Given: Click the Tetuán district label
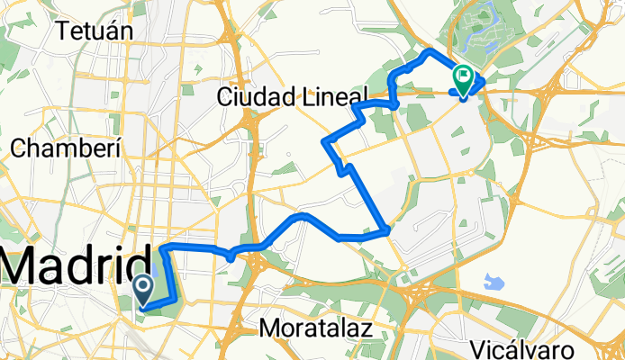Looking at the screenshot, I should [95, 31].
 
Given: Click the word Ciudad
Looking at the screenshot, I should [258, 97].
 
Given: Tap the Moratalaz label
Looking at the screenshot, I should [315, 329].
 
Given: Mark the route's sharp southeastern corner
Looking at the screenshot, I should [387, 230].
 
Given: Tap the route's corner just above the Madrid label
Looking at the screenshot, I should [162, 246].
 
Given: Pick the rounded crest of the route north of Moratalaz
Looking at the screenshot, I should [303, 215].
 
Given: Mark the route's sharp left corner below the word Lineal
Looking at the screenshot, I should [325, 142].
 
